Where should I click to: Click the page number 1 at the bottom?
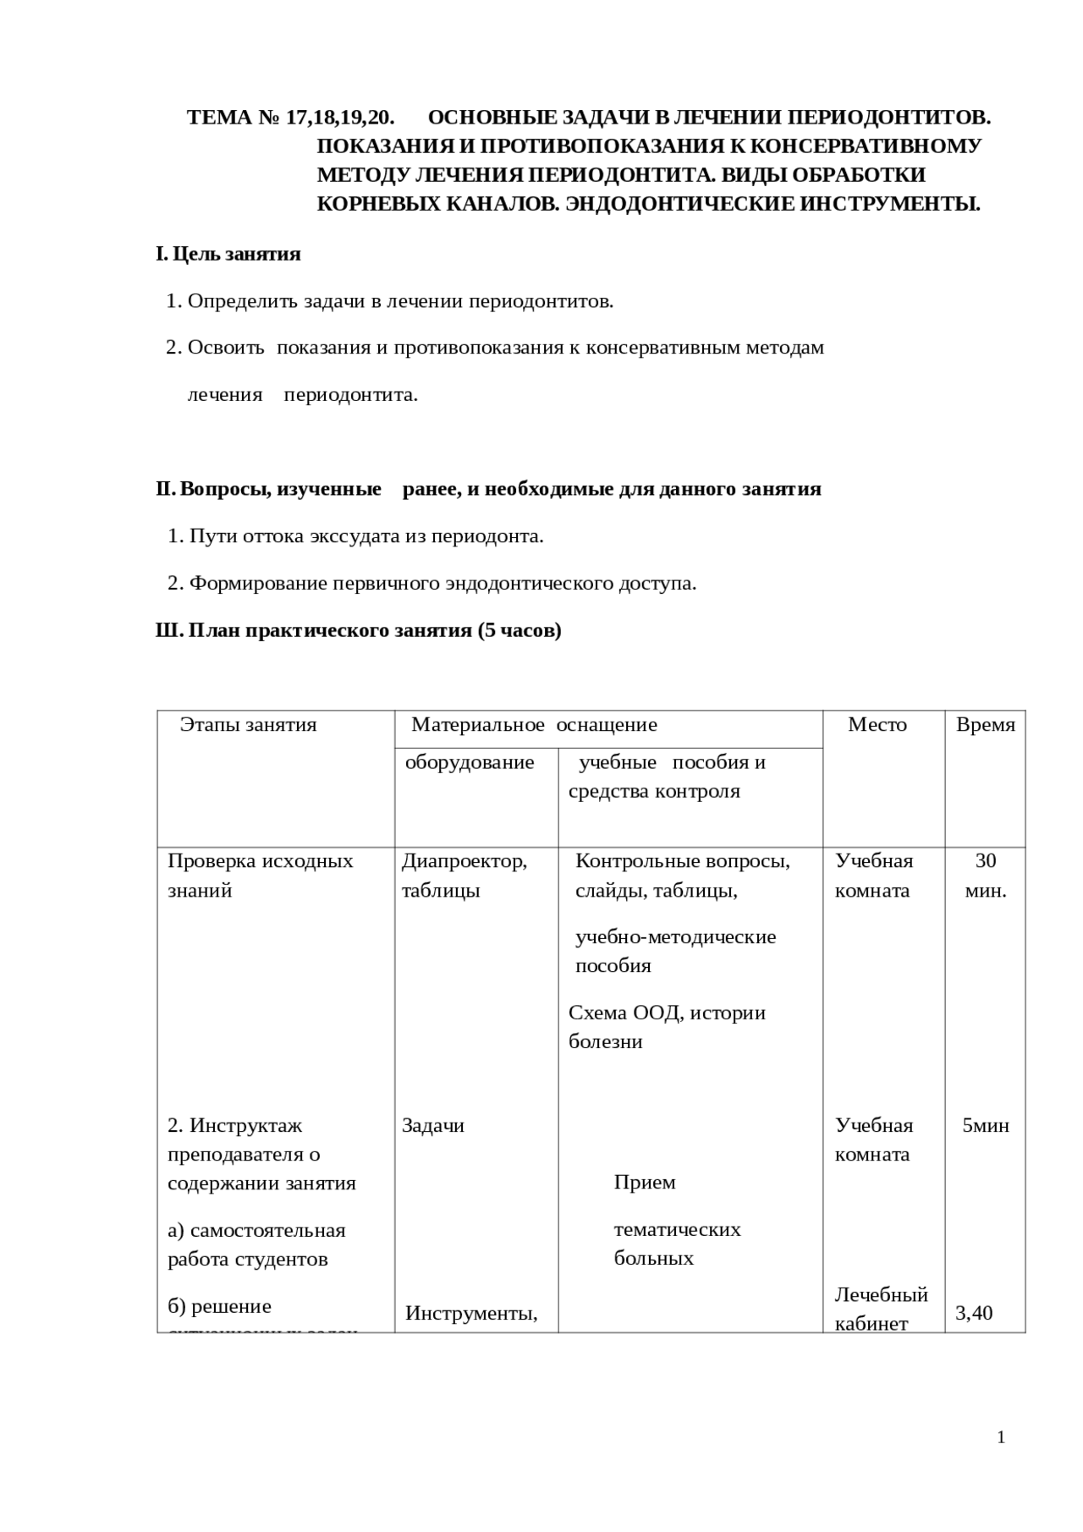point(1001,1437)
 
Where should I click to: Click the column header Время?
point(985,725)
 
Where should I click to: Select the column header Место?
point(877,725)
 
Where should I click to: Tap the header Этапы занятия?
point(248,725)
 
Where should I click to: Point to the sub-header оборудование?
point(470,763)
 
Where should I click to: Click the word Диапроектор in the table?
point(464,861)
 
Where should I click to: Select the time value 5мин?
point(986,1126)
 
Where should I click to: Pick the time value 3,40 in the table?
point(974,1314)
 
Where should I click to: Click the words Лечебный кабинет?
point(881,1309)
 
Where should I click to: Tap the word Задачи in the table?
point(433,1126)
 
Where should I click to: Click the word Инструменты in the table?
point(471,1314)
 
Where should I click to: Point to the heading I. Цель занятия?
point(228,255)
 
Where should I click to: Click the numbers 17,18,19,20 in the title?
point(340,118)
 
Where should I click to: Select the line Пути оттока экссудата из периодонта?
point(366,536)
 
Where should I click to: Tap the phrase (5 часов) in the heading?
point(520,631)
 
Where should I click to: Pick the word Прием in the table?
point(645,1183)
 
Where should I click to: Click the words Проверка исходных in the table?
point(261,861)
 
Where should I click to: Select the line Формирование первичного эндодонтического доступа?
point(443,584)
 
